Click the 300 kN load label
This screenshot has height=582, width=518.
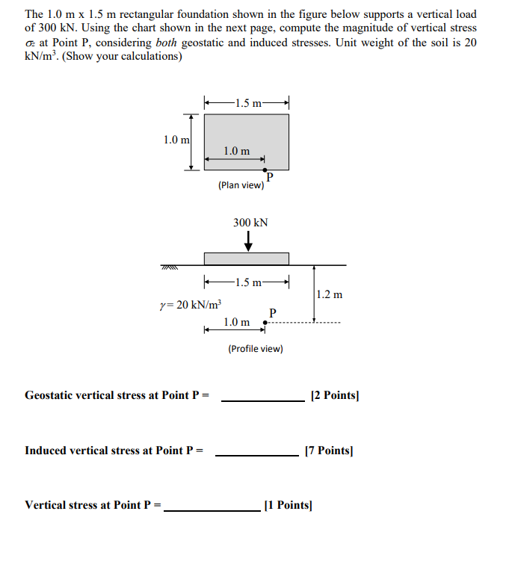coord(250,223)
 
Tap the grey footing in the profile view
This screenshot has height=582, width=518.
coord(246,259)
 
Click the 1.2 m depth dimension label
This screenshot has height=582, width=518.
coord(329,294)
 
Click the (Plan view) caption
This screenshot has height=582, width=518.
coord(241,185)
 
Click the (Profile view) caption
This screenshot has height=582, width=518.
coord(255,348)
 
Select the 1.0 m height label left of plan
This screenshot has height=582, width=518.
coord(176,139)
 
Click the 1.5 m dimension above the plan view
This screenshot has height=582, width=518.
coord(247,102)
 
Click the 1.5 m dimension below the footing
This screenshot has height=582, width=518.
coord(247,282)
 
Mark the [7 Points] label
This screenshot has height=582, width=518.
coord(329,451)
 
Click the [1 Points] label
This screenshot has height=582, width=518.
coord(288,505)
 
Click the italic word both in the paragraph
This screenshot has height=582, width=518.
coord(167,43)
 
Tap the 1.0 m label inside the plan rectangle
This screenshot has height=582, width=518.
coord(236,152)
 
